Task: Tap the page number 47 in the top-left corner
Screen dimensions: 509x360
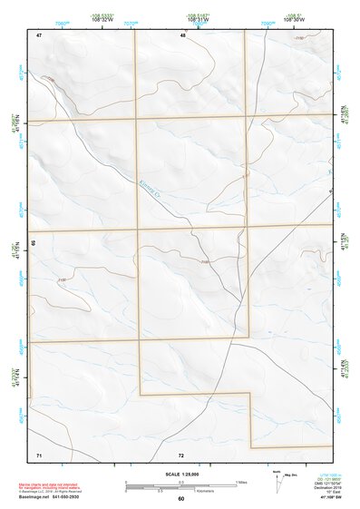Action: tap(39, 34)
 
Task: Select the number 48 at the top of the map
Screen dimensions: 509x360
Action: tap(182, 34)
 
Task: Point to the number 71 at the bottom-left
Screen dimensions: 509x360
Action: tap(39, 454)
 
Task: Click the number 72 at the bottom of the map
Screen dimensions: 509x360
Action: tap(181, 454)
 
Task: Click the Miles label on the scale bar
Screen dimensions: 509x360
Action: tap(241, 481)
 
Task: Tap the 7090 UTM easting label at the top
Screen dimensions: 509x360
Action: tap(267, 23)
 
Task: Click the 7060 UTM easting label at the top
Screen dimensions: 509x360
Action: tap(62, 23)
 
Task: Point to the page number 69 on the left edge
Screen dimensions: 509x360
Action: tap(34, 244)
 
